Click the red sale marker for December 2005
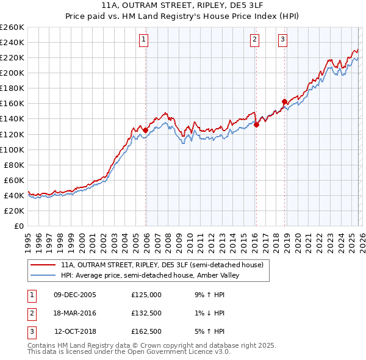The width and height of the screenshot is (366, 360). tap(145, 130)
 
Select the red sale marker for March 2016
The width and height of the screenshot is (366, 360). tap(256, 124)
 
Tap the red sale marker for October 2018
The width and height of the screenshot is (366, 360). tap(284, 101)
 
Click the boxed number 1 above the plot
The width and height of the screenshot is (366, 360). tap(143, 40)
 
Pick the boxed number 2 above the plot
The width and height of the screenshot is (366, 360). tap(254, 40)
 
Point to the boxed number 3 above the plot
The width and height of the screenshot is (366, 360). tap(283, 40)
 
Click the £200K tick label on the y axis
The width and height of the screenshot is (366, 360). tap(12, 73)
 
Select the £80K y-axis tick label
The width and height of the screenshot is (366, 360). tap(14, 165)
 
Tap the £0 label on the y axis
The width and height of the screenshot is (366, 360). tap(18, 226)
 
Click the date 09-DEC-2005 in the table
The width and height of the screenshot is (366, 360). tap(74, 294)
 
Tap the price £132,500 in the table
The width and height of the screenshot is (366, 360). tap(146, 313)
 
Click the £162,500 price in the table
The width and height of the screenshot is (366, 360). tap(146, 332)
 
